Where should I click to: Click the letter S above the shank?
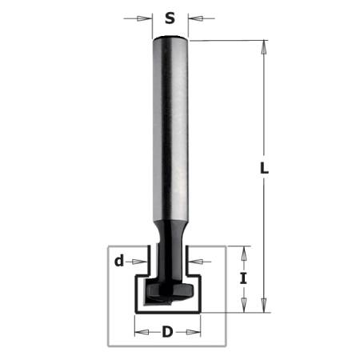click(x=170, y=18)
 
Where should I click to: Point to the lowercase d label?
click(x=119, y=259)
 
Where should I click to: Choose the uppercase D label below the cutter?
click(x=167, y=331)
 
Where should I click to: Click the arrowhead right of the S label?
click(x=192, y=17)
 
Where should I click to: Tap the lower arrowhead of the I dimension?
click(x=247, y=306)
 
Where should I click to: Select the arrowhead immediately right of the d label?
click(x=146, y=259)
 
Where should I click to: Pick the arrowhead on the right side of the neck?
click(x=192, y=259)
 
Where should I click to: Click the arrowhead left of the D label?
click(x=138, y=331)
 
